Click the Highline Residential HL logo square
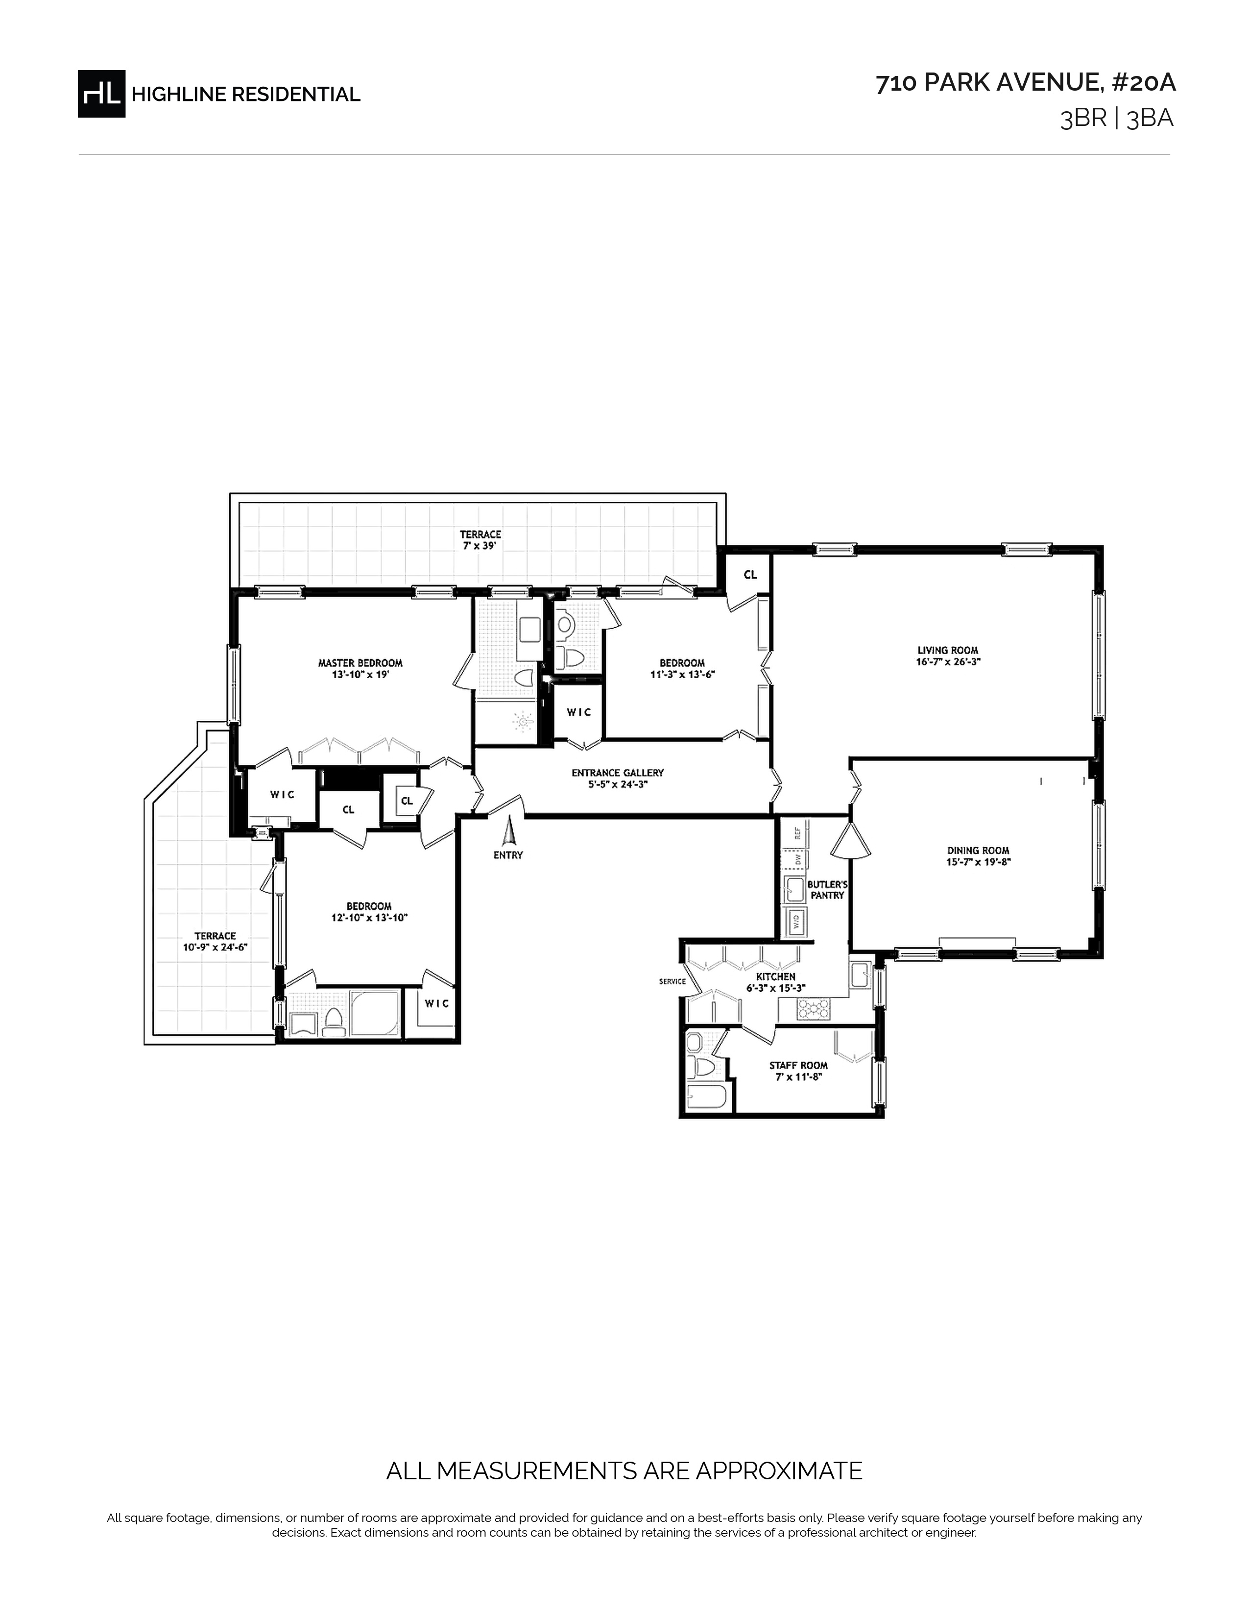click(101, 93)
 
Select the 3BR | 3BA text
click(1117, 119)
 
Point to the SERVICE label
click(673, 982)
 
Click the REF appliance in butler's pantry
click(797, 832)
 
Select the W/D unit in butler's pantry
click(797, 922)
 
